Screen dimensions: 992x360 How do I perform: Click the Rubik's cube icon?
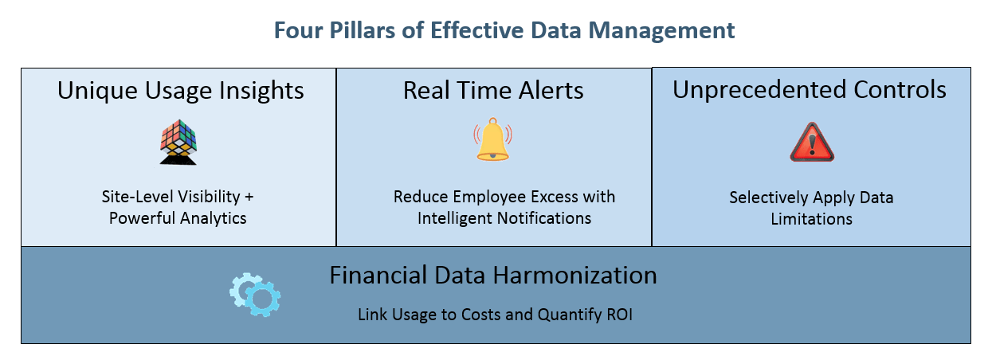click(x=178, y=142)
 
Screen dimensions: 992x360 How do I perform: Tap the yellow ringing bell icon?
click(x=492, y=139)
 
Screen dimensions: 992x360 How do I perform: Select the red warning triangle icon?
click(x=812, y=142)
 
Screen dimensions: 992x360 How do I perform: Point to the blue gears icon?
click(x=255, y=295)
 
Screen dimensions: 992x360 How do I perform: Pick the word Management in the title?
click(x=661, y=31)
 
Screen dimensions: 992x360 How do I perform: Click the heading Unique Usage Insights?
click(x=181, y=91)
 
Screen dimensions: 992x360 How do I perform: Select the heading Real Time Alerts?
click(x=493, y=90)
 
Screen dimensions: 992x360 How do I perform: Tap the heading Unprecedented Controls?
click(x=810, y=89)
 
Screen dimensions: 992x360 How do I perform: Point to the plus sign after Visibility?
click(x=249, y=197)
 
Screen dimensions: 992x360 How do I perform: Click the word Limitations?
click(x=812, y=219)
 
